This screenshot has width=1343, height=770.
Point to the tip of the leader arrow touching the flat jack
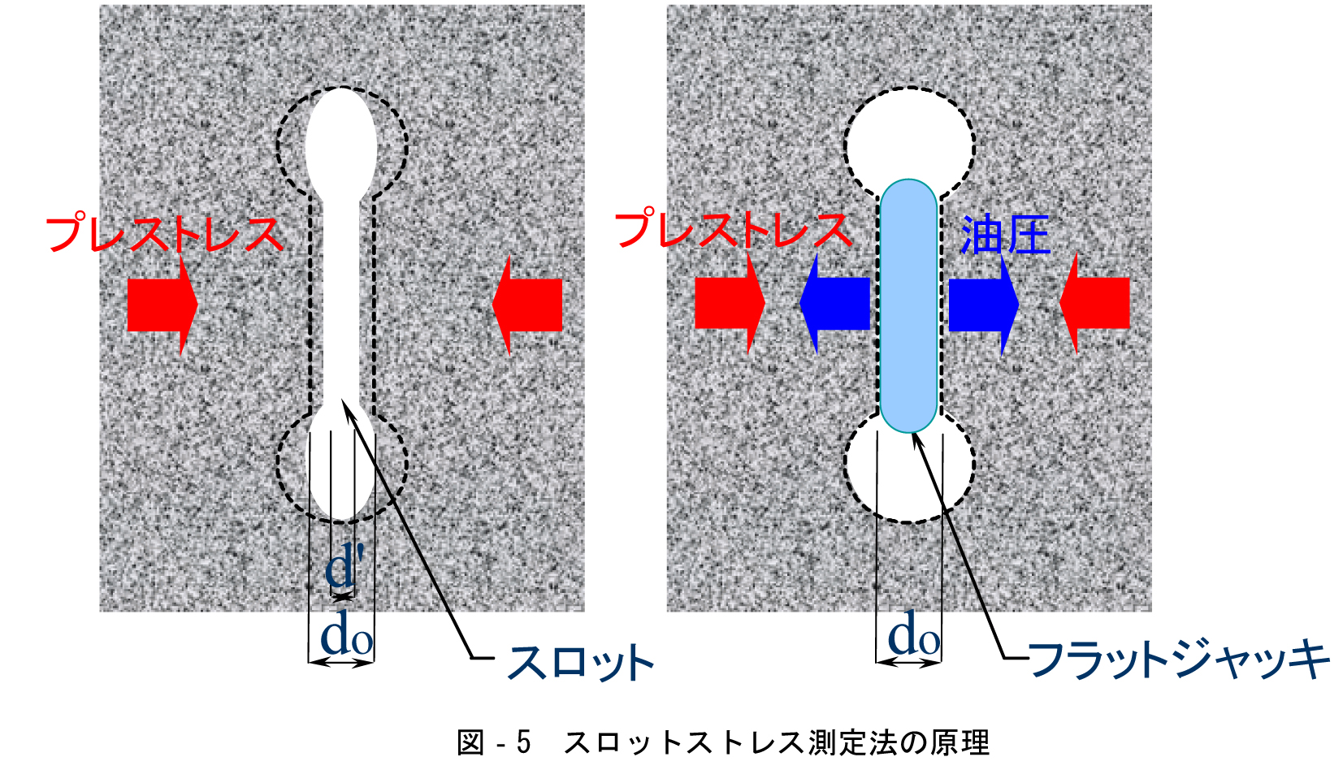(x=912, y=433)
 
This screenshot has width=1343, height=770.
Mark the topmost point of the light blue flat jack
(x=909, y=180)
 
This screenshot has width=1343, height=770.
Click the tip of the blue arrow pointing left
(x=799, y=303)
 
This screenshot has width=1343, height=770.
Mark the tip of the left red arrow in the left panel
(x=198, y=305)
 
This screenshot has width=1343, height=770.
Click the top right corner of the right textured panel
(x=1152, y=5)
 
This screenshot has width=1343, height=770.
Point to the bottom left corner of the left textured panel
(x=99, y=612)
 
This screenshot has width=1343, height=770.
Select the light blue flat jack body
(x=909, y=305)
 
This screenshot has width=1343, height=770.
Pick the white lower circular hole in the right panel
(x=909, y=474)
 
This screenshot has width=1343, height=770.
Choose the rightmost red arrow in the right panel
(x=1094, y=303)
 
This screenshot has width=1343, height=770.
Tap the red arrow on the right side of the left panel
(x=527, y=305)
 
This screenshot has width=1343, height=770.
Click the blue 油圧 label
(x=1006, y=235)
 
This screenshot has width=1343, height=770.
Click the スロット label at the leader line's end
(x=580, y=661)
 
